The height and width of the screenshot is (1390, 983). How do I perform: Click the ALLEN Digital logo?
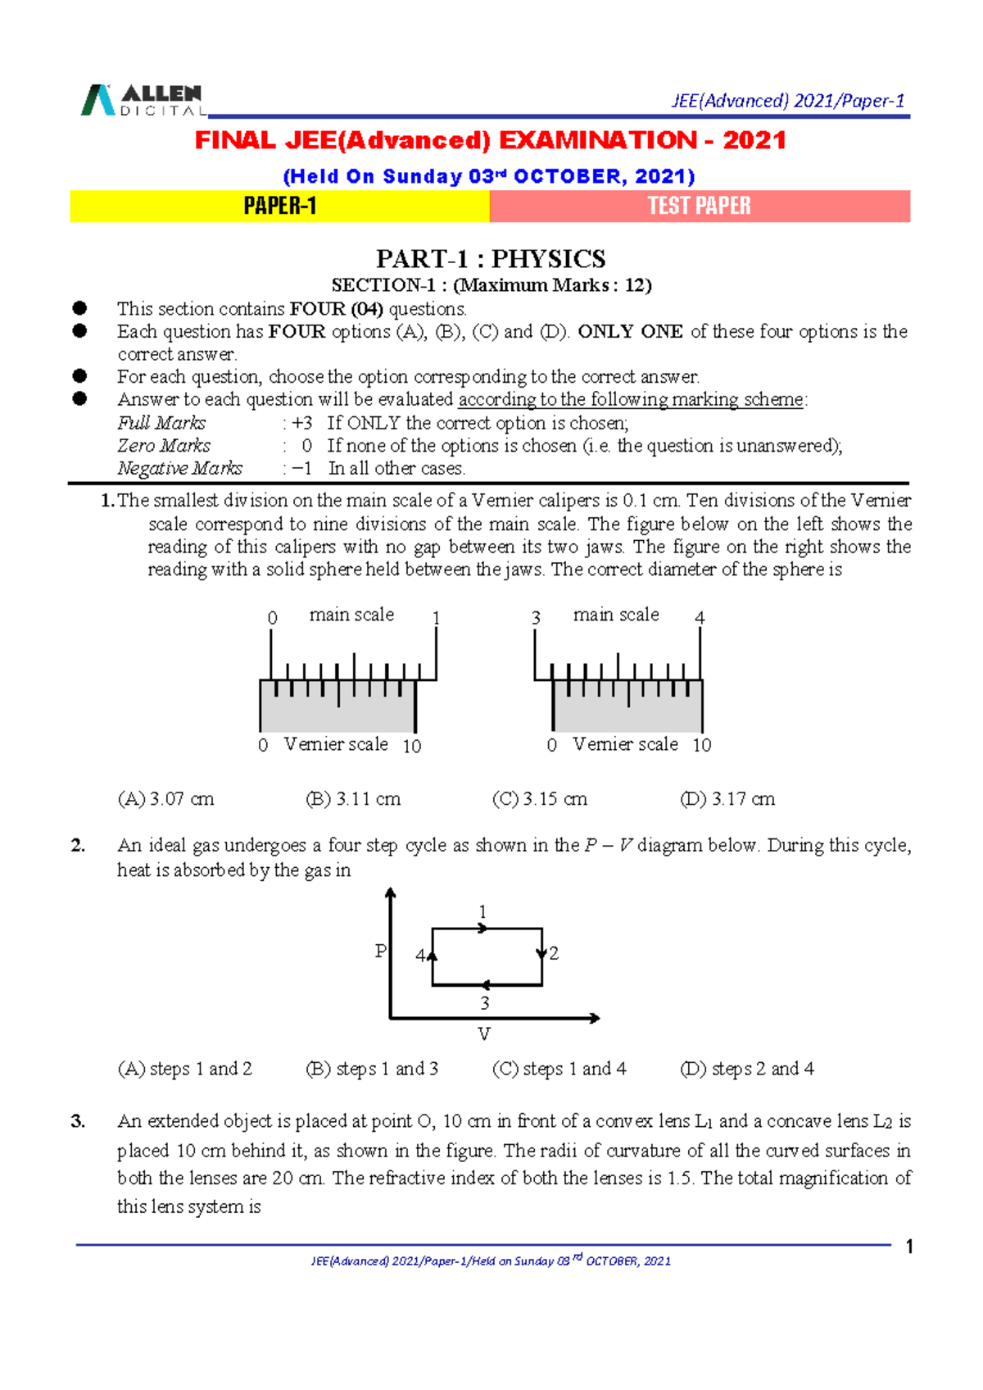[x=142, y=100]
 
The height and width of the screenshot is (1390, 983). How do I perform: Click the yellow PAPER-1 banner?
[x=279, y=206]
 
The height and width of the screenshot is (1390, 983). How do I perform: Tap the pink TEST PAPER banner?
[x=699, y=206]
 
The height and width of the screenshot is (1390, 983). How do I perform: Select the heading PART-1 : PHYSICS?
[x=490, y=259]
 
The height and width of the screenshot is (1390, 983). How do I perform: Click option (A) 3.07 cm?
[x=165, y=798]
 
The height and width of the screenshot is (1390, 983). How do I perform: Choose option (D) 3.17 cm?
[x=727, y=798]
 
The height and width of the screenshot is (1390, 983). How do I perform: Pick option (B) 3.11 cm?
[x=352, y=798]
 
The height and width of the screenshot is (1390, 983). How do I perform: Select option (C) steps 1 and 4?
[x=559, y=1068]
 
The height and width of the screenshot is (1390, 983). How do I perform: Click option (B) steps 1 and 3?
[x=371, y=1068]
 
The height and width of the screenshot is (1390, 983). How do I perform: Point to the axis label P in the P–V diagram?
[x=380, y=951]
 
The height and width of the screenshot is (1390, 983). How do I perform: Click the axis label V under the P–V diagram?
[x=484, y=1033]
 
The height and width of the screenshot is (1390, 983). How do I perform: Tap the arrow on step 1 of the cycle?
[x=483, y=928]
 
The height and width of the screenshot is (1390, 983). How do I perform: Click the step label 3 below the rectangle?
[x=485, y=1002]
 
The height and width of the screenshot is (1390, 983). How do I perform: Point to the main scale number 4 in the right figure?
[x=700, y=617]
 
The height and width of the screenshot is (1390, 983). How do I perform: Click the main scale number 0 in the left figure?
[x=272, y=618]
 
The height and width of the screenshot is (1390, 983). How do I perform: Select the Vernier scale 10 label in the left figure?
[x=412, y=746]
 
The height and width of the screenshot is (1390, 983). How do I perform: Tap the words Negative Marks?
[x=179, y=468]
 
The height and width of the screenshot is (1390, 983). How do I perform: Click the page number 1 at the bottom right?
[x=908, y=1247]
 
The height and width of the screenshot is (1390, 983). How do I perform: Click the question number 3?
[x=78, y=1120]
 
